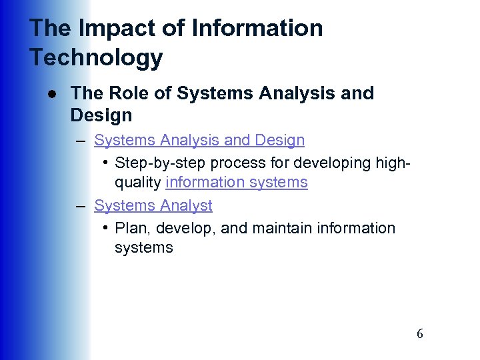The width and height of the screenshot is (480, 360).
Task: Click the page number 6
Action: click(x=419, y=334)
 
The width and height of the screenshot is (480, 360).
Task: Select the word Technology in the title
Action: click(x=96, y=58)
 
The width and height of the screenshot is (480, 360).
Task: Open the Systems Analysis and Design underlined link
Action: click(x=199, y=141)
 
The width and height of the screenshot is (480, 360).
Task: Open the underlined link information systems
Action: click(x=237, y=182)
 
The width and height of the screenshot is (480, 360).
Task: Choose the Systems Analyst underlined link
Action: click(x=153, y=205)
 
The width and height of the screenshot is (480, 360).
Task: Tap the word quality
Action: click(x=138, y=182)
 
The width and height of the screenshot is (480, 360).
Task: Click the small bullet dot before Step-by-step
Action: click(x=106, y=163)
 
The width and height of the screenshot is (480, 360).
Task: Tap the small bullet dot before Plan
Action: click(x=106, y=228)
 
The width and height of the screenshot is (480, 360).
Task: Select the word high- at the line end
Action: click(x=390, y=163)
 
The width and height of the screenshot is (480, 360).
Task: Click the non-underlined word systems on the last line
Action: click(x=144, y=247)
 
